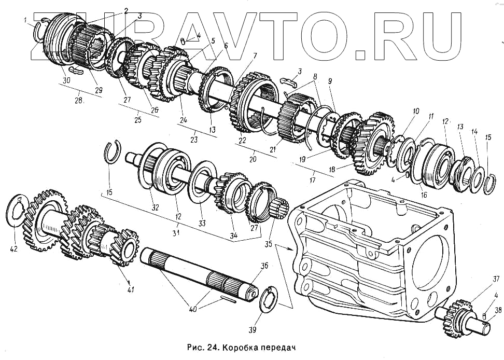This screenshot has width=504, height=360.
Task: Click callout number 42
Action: pos(13,248)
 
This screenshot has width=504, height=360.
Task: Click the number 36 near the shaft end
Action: pos(264,266)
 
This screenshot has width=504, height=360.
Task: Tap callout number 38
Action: pos(498,311)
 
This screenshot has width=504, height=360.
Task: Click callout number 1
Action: pos(25,20)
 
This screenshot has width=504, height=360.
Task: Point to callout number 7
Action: pos(255,56)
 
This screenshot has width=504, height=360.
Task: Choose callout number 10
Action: pos(415,110)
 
